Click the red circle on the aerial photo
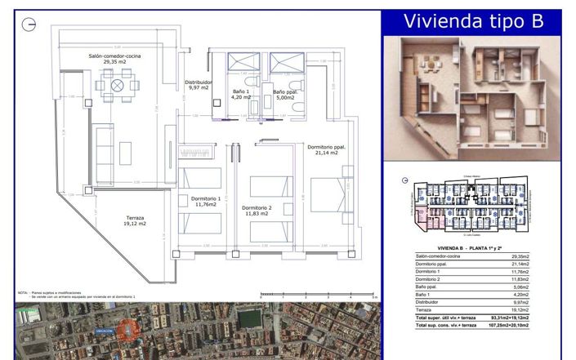pyautogui.click(x=126, y=329)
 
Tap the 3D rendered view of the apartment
pyautogui.click(x=473, y=100)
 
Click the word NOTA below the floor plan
pyautogui.click(x=22, y=291)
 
